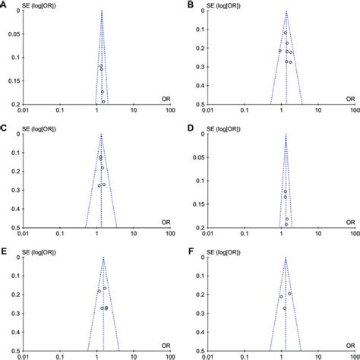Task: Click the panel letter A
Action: [x=4, y=5]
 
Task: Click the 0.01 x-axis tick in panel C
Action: [x=26, y=235]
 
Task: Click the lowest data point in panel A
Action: [x=103, y=101]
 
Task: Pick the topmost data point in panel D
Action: [x=286, y=191]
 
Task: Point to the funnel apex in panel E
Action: [x=103, y=258]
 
